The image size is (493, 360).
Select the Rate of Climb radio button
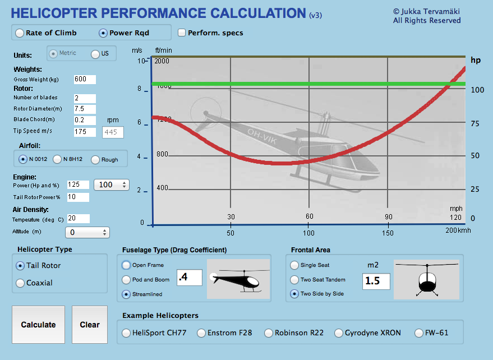point(20,33)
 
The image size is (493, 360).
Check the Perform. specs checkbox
point(182,33)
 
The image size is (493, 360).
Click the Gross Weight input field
point(84,80)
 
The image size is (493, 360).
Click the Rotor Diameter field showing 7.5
point(84,109)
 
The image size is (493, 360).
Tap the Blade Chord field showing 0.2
point(84,119)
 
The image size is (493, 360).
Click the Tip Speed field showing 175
point(84,132)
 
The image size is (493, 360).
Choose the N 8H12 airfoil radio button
point(57,159)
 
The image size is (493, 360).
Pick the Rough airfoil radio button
point(95,159)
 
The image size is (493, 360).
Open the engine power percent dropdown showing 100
point(112,184)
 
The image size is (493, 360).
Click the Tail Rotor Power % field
point(78,197)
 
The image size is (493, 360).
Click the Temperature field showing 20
point(78,218)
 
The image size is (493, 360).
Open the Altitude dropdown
point(87,232)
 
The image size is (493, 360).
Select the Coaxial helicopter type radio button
point(21,283)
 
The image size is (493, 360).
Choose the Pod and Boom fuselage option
point(126,279)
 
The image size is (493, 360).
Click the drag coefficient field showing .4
point(190,277)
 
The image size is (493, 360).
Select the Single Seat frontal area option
point(294,265)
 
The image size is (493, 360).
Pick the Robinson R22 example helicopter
point(268,333)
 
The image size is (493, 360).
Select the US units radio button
point(95,54)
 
